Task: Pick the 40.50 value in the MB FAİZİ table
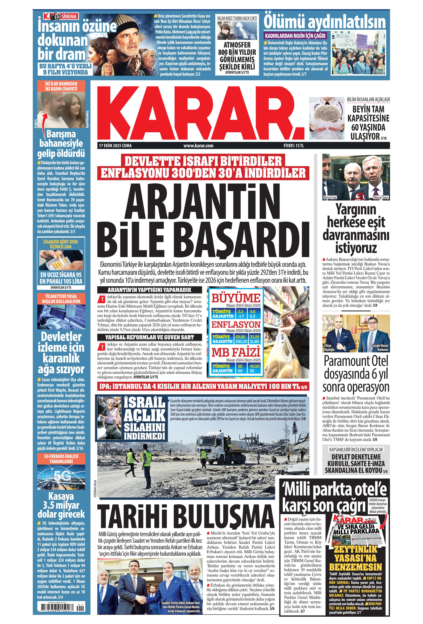[254, 366]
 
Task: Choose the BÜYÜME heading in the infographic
[236, 298]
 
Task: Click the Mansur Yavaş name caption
[381, 198]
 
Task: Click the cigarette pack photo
[61, 260]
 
